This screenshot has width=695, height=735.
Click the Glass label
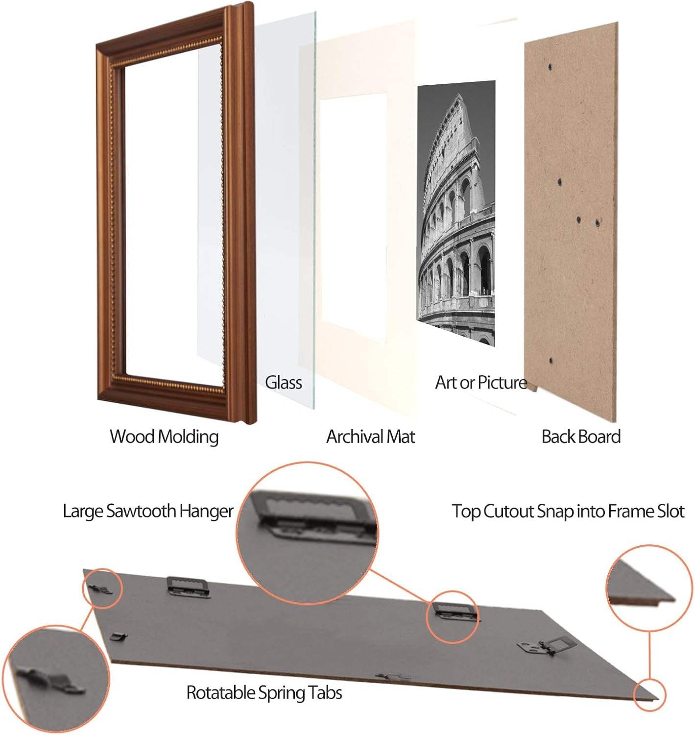tap(283, 383)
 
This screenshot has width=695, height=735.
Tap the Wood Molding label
tap(164, 436)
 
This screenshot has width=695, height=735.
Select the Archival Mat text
tap(370, 436)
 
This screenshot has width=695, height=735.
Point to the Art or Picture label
tap(481, 382)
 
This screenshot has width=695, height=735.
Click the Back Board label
tap(581, 436)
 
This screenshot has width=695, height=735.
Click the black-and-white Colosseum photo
tap(456, 213)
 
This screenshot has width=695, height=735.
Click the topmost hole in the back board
tap(550, 67)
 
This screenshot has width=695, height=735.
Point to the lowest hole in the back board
tap(551, 361)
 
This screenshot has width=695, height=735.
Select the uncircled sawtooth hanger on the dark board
tap(188, 587)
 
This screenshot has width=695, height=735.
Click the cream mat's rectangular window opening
tap(354, 218)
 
